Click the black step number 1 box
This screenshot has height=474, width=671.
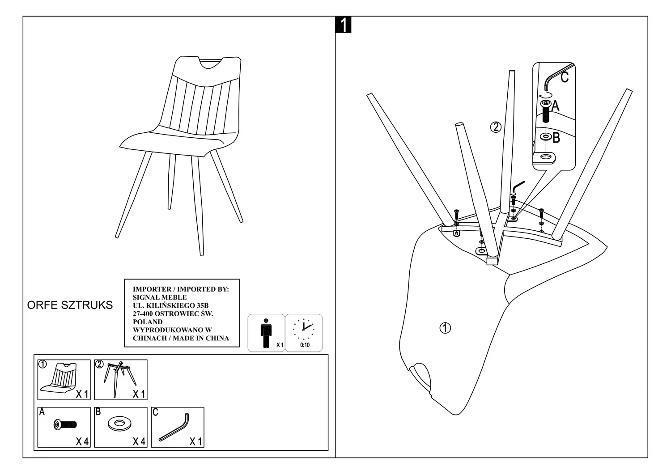[343, 25]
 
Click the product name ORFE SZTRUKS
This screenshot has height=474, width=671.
[70, 305]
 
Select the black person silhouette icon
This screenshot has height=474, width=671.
[266, 333]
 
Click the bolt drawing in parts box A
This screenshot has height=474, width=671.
[64, 424]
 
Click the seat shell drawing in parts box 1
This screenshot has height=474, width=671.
[60, 379]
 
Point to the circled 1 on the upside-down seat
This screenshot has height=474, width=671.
[445, 328]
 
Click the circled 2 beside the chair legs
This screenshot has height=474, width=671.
[496, 127]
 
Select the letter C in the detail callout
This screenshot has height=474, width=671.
[564, 77]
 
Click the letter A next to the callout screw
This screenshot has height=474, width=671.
[555, 106]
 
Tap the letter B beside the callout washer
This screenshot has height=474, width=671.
[556, 138]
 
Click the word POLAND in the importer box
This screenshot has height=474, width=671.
[148, 322]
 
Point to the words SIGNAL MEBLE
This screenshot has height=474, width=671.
[160, 297]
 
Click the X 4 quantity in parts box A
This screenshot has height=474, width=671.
[82, 442]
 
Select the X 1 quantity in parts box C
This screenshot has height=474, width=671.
[195, 442]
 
